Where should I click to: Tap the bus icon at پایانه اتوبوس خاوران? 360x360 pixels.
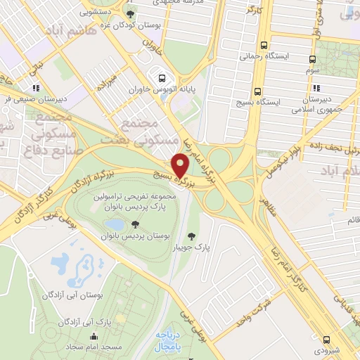point(163,78)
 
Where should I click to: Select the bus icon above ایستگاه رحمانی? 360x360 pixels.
point(263,43)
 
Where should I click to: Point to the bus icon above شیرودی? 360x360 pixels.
point(326,338)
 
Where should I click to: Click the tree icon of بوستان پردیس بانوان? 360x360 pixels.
point(134,224)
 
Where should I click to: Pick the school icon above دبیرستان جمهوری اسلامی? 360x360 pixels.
point(316,89)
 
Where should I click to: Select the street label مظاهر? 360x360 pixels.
point(266,209)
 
